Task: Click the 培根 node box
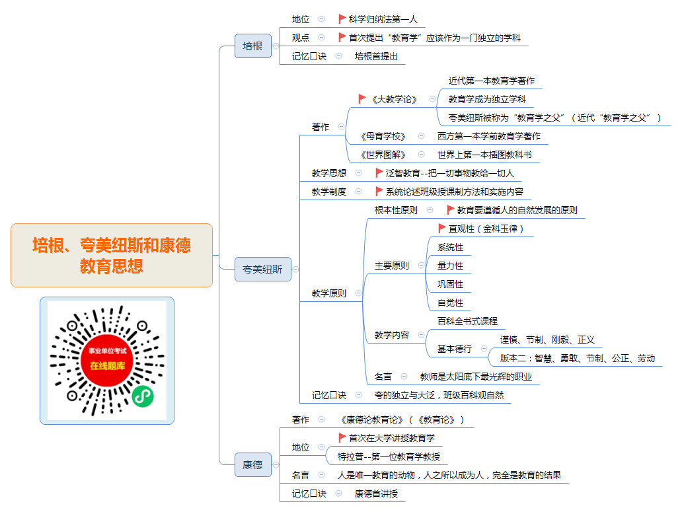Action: click(252, 46)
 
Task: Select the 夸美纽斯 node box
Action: click(263, 269)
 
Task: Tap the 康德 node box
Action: click(252, 464)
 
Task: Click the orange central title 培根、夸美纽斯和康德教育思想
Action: click(111, 256)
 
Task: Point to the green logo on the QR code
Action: click(143, 396)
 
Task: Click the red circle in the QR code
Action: click(107, 360)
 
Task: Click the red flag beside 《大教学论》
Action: click(362, 98)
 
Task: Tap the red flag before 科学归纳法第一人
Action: click(342, 18)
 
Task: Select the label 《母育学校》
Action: click(383, 137)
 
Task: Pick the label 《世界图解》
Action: click(383, 155)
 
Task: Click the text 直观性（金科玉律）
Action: click(486, 229)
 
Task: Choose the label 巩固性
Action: click(450, 284)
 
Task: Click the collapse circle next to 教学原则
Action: click(358, 293)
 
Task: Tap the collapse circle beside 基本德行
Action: click(484, 349)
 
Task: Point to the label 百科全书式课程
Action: click(468, 321)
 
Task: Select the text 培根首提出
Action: click(376, 56)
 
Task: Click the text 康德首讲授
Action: click(376, 494)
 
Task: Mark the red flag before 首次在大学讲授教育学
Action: click(342, 437)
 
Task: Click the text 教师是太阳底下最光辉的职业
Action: click(476, 377)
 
